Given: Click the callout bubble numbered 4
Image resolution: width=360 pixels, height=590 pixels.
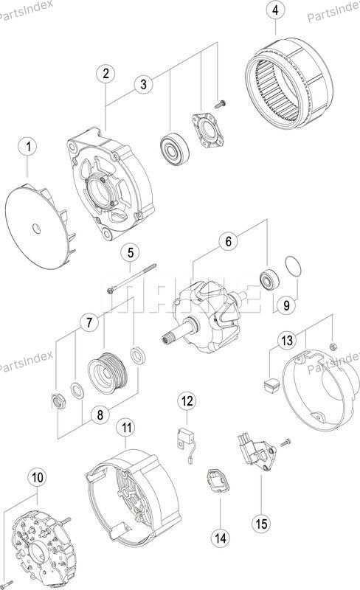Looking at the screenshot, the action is pyautogui.click(x=275, y=10).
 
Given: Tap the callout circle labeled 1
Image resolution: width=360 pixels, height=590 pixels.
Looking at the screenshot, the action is pyautogui.click(x=29, y=146).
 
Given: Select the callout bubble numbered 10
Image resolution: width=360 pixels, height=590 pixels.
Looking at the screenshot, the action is pyautogui.click(x=38, y=477).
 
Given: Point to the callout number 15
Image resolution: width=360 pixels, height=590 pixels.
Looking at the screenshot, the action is pyautogui.click(x=261, y=523).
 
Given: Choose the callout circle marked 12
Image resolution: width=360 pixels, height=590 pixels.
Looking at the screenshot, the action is pyautogui.click(x=187, y=401).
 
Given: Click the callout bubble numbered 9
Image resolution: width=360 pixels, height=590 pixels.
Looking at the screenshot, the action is pyautogui.click(x=286, y=305).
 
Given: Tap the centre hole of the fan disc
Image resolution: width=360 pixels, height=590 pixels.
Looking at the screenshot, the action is pyautogui.click(x=37, y=228).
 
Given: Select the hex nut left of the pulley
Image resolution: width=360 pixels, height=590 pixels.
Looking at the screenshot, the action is pyautogui.click(x=58, y=400).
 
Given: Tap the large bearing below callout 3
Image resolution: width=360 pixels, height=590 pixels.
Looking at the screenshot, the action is pyautogui.click(x=174, y=149).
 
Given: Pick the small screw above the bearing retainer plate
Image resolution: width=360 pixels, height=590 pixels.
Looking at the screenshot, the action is pyautogui.click(x=220, y=104).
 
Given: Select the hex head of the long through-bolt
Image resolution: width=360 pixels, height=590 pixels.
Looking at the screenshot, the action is pyautogui.click(x=111, y=291).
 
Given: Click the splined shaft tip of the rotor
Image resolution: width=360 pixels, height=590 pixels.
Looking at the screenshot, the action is pyautogui.click(x=166, y=339).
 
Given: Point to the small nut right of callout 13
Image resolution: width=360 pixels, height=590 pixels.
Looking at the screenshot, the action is pyautogui.click(x=333, y=346).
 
